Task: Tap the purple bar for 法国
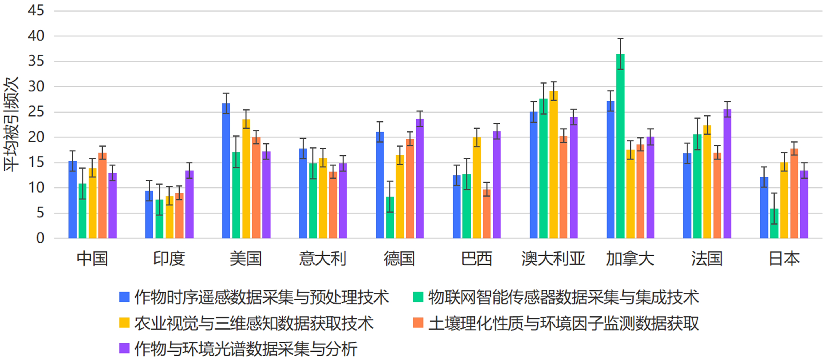click(727, 175)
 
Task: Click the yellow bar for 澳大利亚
click(553, 165)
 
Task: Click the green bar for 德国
click(390, 218)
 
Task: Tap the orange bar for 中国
click(102, 195)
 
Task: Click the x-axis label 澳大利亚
click(553, 259)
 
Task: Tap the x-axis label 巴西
click(477, 259)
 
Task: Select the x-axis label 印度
click(169, 259)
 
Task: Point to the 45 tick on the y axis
click(36, 11)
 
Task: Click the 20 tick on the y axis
click(36, 137)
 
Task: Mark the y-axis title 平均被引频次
click(11, 124)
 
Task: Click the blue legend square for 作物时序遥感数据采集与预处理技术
click(124, 297)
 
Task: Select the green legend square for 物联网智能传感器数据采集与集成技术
click(418, 297)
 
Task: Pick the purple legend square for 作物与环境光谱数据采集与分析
click(124, 348)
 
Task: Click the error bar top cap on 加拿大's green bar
click(620, 39)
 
